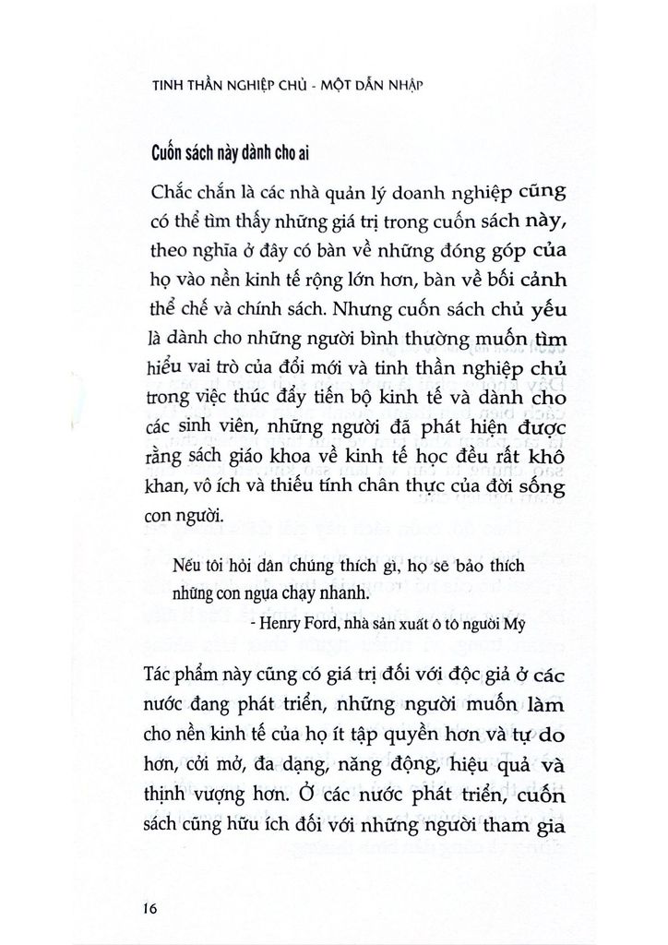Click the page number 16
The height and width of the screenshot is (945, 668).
(153, 907)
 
